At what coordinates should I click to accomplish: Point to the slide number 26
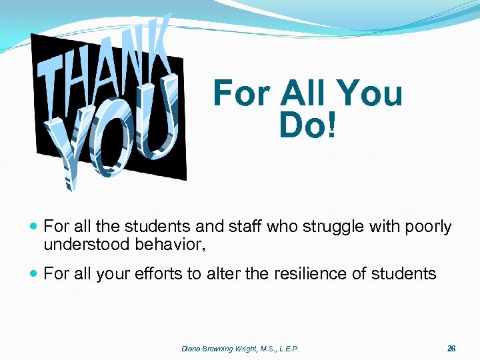click(x=451, y=349)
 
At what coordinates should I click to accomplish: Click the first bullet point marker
click(x=34, y=227)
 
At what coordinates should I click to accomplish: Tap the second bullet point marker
click(x=34, y=274)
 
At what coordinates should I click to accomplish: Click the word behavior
click(x=170, y=245)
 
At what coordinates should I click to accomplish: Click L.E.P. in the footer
click(x=288, y=349)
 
